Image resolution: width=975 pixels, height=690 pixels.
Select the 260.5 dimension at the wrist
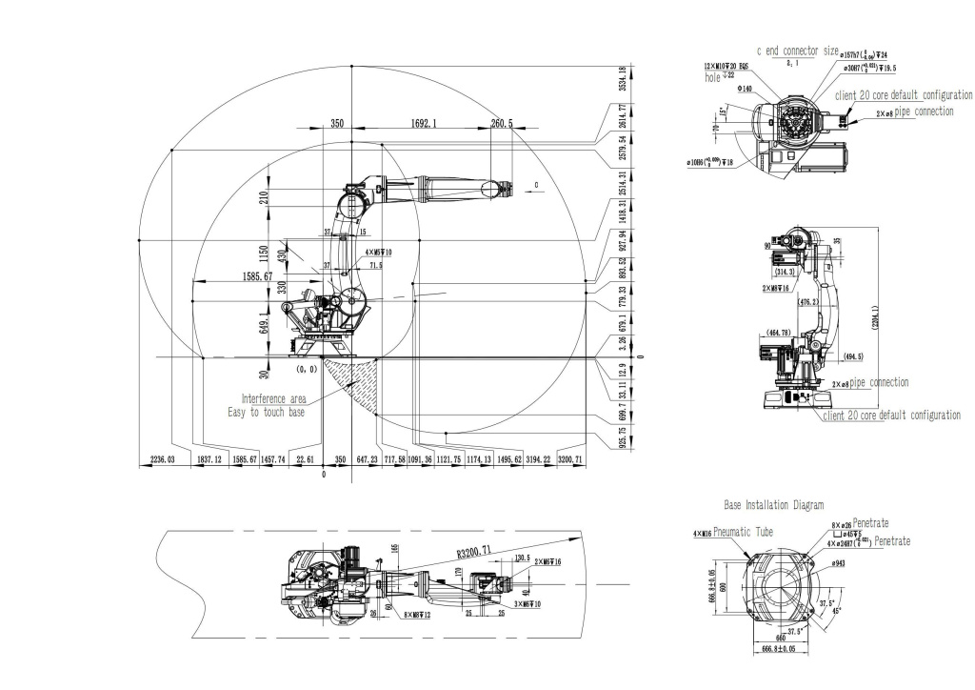501,124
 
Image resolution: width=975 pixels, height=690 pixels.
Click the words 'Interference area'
273,399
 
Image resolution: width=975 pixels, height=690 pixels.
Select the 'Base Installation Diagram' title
774,504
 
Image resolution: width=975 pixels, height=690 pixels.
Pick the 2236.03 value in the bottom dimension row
165,459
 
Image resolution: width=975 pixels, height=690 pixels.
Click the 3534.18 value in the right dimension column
622,80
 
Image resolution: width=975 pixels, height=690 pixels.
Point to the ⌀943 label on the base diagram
839,564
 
